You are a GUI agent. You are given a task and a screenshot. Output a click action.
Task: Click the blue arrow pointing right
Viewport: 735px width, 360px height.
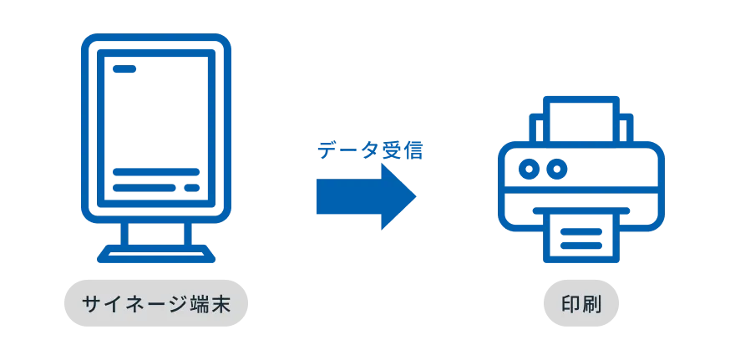pyautogui.click(x=359, y=197)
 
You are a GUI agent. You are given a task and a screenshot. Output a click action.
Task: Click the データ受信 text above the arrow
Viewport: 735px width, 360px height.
pyautogui.click(x=370, y=151)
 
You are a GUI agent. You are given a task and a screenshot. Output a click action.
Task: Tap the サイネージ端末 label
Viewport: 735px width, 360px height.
pyautogui.click(x=155, y=304)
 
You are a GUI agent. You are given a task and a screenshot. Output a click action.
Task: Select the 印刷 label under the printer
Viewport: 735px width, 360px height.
pyautogui.click(x=580, y=304)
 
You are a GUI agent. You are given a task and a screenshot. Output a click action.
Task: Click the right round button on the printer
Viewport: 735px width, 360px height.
pyautogui.click(x=555, y=170)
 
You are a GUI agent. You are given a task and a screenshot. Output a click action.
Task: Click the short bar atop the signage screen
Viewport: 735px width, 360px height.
pyautogui.click(x=127, y=70)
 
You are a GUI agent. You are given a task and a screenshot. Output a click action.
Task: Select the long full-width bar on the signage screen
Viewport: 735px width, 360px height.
pyautogui.click(x=156, y=173)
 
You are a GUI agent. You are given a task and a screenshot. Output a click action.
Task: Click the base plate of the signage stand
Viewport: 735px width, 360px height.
pyautogui.click(x=156, y=253)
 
